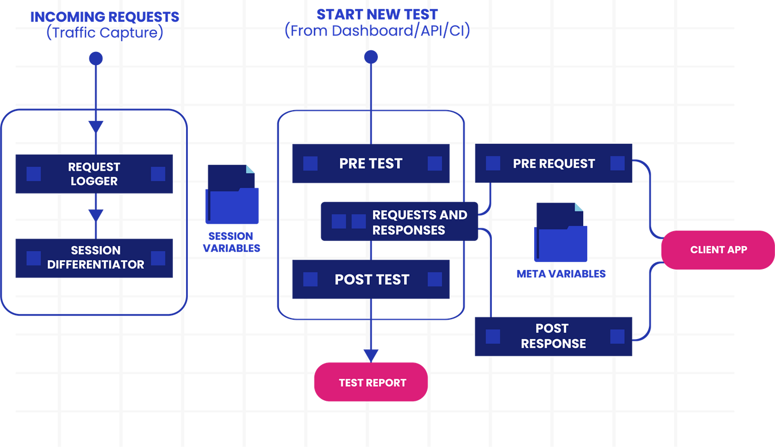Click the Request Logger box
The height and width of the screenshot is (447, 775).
click(x=94, y=174)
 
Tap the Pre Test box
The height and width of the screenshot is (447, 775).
click(x=371, y=164)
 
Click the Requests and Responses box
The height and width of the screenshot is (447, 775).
click(x=399, y=222)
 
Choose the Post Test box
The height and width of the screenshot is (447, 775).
click(x=371, y=280)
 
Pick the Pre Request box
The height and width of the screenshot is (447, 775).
click(x=554, y=164)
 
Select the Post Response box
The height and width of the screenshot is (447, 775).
click(x=554, y=336)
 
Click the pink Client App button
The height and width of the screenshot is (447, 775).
click(x=718, y=249)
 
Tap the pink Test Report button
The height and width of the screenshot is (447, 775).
click(x=371, y=382)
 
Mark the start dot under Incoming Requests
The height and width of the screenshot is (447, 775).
click(x=95, y=58)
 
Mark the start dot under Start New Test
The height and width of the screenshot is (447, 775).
click(x=371, y=57)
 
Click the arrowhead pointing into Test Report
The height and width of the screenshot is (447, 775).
click(x=371, y=355)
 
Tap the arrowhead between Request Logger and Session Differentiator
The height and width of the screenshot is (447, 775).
click(x=95, y=214)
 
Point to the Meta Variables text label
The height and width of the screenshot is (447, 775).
click(x=561, y=273)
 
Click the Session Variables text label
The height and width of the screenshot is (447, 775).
click(x=231, y=242)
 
